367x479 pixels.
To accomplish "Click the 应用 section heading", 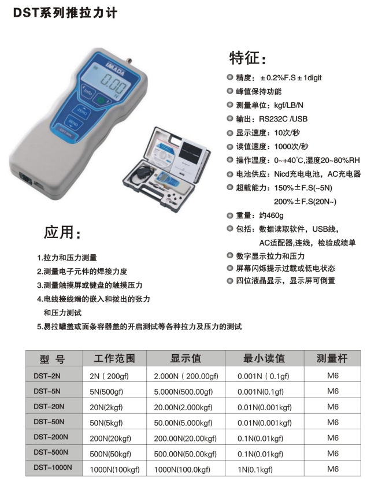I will [62, 233].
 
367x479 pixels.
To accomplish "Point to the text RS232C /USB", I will [284, 119].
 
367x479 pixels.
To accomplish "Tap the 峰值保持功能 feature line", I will [258, 91].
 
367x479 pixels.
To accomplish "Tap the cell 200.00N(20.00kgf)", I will [185, 437].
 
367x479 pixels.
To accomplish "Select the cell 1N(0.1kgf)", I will [255, 468].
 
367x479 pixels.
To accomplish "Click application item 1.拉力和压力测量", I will [67, 258].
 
